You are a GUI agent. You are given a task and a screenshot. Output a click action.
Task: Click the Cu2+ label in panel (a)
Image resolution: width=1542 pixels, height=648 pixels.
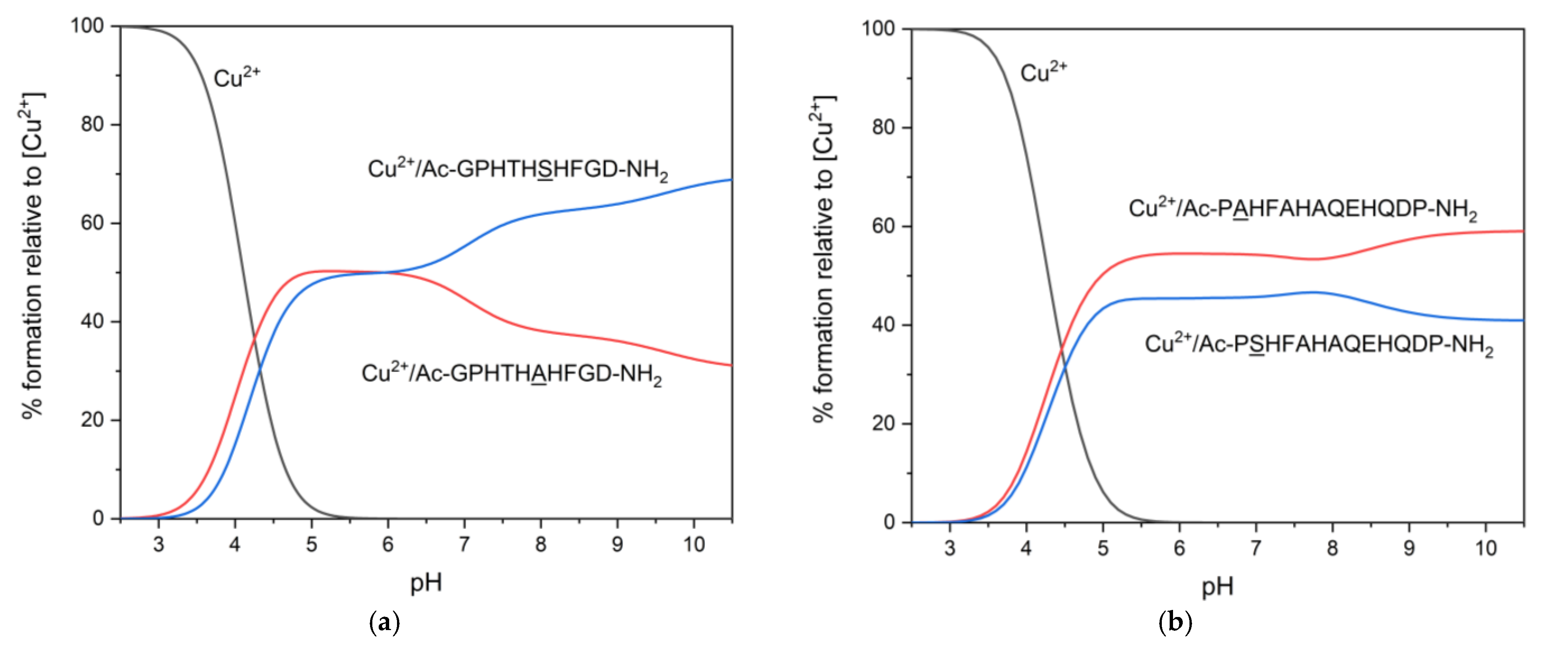point(237,78)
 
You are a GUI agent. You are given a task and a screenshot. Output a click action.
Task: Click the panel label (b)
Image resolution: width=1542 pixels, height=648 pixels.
point(1175,623)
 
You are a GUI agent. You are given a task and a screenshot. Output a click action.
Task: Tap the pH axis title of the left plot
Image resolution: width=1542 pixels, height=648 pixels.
point(426,582)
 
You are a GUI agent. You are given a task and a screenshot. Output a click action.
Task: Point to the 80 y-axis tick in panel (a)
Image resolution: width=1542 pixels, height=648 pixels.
point(92,125)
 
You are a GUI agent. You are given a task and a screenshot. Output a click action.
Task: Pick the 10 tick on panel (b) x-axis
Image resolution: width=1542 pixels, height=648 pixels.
point(1485,548)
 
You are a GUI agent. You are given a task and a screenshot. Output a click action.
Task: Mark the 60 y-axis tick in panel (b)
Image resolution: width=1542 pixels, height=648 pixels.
point(884,226)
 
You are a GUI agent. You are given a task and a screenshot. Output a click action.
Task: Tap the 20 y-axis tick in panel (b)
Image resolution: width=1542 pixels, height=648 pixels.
point(884,424)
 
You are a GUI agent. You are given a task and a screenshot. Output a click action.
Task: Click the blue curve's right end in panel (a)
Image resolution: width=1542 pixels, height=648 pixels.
point(730,180)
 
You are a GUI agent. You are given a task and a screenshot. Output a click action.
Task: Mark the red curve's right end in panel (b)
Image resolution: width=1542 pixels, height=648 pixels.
point(1522,231)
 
